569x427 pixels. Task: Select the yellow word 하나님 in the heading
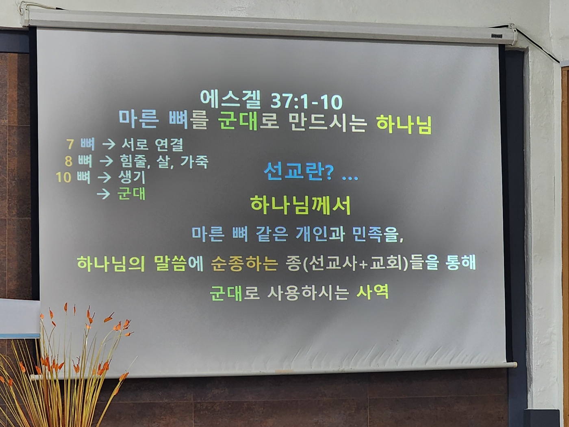(404, 125)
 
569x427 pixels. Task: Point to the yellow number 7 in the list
(70, 144)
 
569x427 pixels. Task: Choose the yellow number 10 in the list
(63, 177)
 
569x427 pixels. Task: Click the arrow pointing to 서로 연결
(109, 144)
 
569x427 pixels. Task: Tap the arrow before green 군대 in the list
(103, 194)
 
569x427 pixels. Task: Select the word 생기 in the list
(131, 177)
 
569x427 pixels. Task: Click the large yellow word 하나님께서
(301, 205)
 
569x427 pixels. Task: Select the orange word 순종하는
(244, 264)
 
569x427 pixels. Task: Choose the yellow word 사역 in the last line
(373, 292)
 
